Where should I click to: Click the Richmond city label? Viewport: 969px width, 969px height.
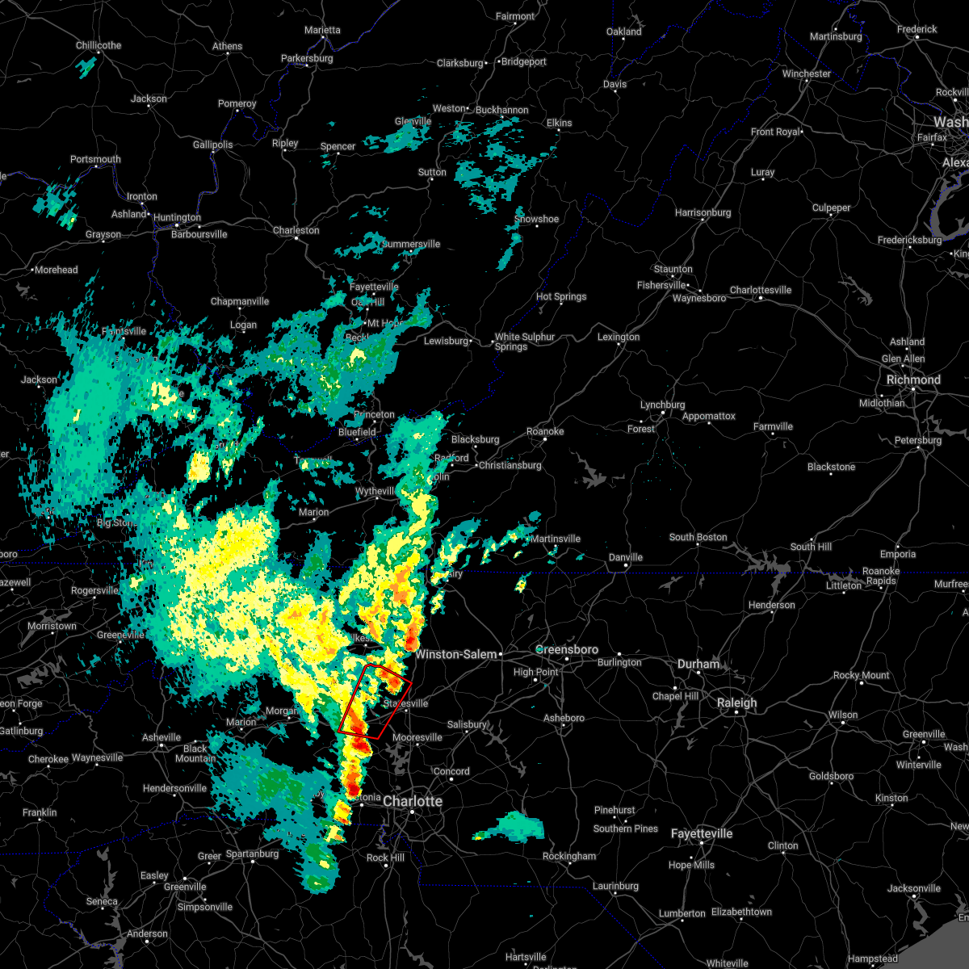click(x=913, y=380)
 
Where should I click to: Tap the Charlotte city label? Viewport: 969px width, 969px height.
click(x=413, y=801)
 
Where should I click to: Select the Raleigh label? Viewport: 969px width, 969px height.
click(x=737, y=703)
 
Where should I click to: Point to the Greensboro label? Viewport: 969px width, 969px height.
click(x=568, y=649)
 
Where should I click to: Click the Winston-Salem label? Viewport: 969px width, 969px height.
click(x=455, y=654)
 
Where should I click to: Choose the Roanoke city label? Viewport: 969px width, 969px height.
click(x=545, y=431)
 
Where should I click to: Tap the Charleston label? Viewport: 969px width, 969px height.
click(x=296, y=230)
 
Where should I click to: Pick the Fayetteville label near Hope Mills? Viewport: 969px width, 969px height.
click(x=702, y=833)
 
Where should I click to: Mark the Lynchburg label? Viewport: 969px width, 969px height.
click(x=662, y=405)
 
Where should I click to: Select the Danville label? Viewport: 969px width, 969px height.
click(x=626, y=557)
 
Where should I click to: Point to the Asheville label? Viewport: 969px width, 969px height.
click(x=161, y=737)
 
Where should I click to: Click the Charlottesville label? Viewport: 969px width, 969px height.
click(x=761, y=290)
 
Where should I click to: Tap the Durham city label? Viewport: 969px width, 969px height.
click(x=698, y=664)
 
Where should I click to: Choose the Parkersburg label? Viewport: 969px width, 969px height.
click(x=307, y=58)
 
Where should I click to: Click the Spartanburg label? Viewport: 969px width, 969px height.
click(x=252, y=854)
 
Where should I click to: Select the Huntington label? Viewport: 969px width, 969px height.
click(x=177, y=217)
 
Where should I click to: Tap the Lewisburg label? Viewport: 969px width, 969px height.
click(x=447, y=341)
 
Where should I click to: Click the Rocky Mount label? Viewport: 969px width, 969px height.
click(x=862, y=675)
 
